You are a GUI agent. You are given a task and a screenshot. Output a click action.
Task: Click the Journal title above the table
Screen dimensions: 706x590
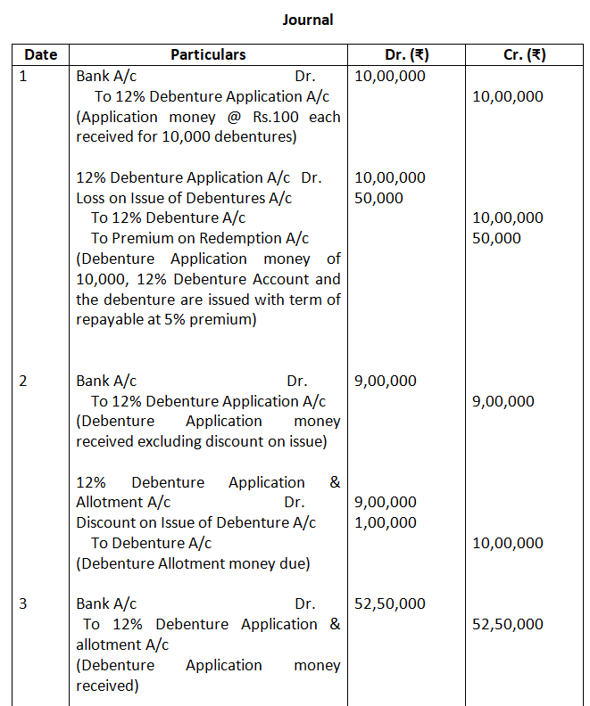tap(308, 19)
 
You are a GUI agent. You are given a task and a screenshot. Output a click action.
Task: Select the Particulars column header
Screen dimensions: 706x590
tap(208, 54)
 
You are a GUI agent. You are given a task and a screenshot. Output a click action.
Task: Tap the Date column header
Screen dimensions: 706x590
tap(41, 54)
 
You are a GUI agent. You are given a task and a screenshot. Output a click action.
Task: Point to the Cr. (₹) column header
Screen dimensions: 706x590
tap(524, 54)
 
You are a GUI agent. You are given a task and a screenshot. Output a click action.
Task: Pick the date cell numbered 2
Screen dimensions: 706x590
tap(23, 381)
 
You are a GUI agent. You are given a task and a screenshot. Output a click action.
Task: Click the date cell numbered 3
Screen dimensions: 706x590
tap(23, 603)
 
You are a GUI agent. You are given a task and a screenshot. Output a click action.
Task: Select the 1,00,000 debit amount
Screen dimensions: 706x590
tap(385, 522)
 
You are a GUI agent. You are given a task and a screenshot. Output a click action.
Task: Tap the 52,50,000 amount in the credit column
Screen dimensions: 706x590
tap(507, 624)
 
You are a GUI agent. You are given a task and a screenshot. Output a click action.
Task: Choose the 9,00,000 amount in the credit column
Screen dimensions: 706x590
tap(503, 401)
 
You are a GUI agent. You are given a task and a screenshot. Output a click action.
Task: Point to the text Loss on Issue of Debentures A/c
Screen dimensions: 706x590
tap(184, 198)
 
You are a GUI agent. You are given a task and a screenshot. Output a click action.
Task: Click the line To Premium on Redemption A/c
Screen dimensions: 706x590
tap(200, 238)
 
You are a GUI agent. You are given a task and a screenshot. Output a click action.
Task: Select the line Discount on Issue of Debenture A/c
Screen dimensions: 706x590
tap(195, 522)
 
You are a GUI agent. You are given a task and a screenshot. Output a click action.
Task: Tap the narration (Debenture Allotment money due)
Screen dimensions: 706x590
tap(193, 563)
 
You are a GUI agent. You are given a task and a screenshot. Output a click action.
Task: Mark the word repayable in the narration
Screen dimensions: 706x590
tap(113, 319)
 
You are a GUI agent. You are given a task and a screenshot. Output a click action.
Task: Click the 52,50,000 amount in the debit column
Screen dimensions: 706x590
tap(390, 603)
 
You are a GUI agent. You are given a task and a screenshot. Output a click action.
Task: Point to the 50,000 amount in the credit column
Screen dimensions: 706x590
tap(495, 238)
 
